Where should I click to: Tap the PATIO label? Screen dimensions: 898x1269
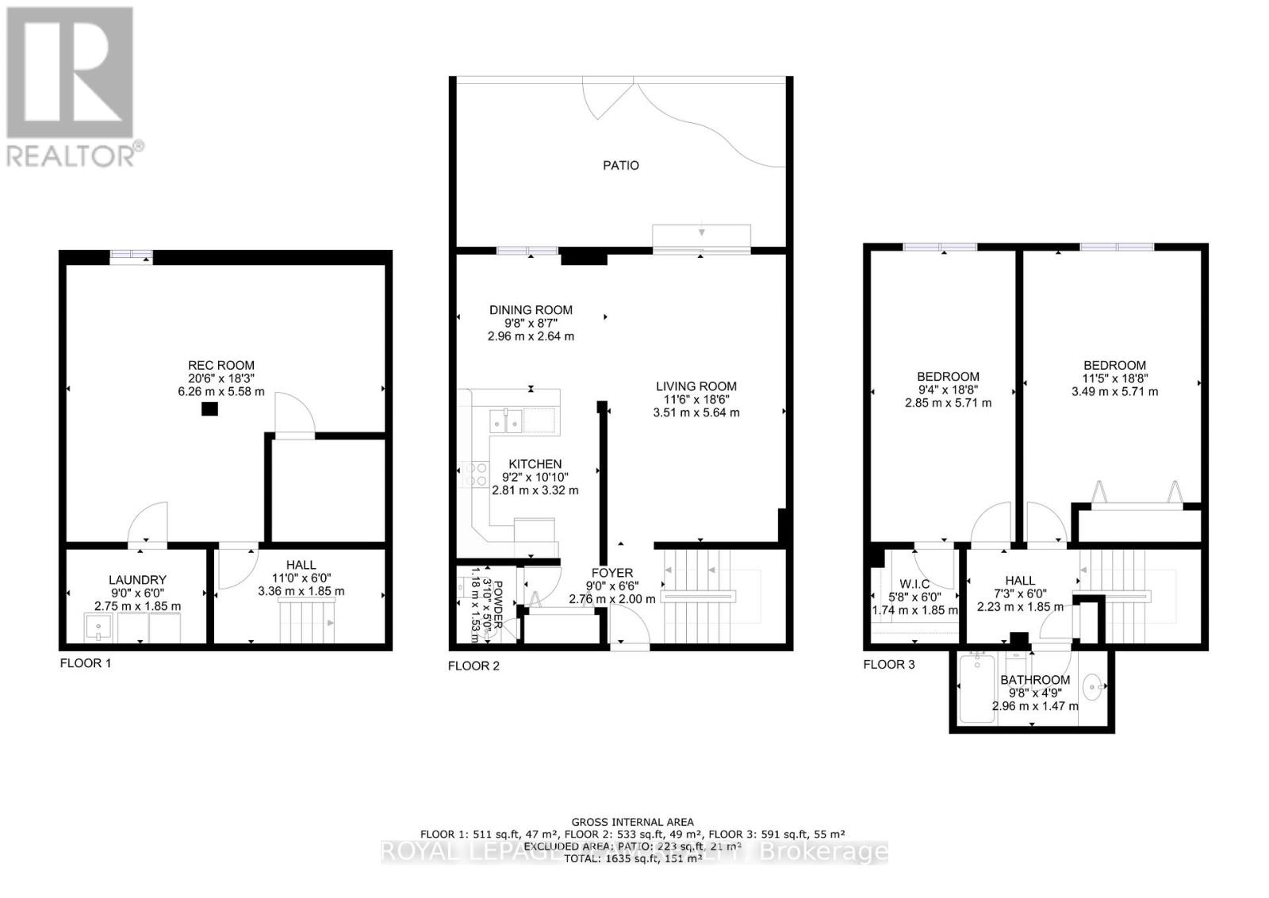pos(621,166)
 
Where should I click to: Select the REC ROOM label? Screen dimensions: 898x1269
pos(221,366)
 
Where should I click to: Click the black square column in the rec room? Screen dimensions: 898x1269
pos(209,409)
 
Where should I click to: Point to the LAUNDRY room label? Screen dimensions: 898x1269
pos(138,580)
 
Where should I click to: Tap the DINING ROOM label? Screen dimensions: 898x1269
pos(531,310)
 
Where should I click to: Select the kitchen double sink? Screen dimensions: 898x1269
pos(505,420)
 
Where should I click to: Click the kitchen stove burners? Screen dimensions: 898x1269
pos(477,474)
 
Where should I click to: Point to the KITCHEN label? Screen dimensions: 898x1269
pos(535,464)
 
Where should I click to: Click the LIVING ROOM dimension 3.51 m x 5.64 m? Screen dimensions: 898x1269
pos(696,413)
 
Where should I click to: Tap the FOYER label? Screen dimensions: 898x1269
pos(612,573)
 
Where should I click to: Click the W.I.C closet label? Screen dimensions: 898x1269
pos(914,584)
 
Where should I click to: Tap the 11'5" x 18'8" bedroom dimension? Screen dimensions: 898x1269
pos(1114,378)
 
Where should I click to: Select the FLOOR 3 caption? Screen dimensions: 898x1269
pos(889,664)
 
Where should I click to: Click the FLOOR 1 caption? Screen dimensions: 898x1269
pos(86,662)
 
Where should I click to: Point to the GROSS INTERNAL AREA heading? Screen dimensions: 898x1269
pos(633,822)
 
